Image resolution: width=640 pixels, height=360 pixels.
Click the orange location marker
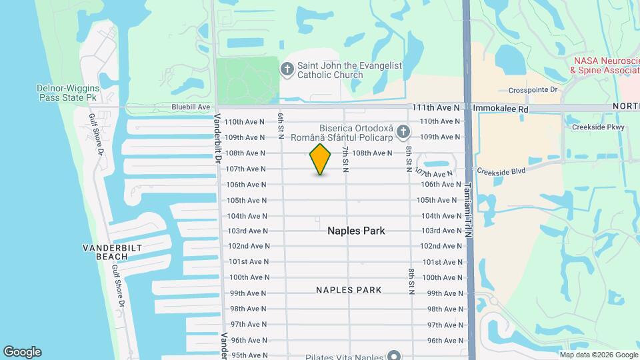tap(320, 159)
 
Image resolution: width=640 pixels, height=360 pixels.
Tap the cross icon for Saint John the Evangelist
tap(287, 69)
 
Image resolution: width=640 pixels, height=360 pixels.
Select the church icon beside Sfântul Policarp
tap(403, 132)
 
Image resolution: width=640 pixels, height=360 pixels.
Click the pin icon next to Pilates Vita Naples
tap(395, 355)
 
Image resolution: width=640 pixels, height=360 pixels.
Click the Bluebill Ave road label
tap(191, 107)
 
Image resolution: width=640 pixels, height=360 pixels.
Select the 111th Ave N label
tap(435, 107)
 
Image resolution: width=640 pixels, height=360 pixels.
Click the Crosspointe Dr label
tap(533, 90)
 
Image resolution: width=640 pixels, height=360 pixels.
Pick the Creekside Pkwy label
tap(598, 127)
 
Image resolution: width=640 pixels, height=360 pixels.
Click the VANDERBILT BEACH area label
tap(112, 252)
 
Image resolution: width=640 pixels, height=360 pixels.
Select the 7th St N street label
tap(346, 160)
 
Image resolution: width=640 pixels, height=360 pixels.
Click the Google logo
tap(22, 352)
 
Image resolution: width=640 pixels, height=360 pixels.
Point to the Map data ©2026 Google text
tap(598, 355)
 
